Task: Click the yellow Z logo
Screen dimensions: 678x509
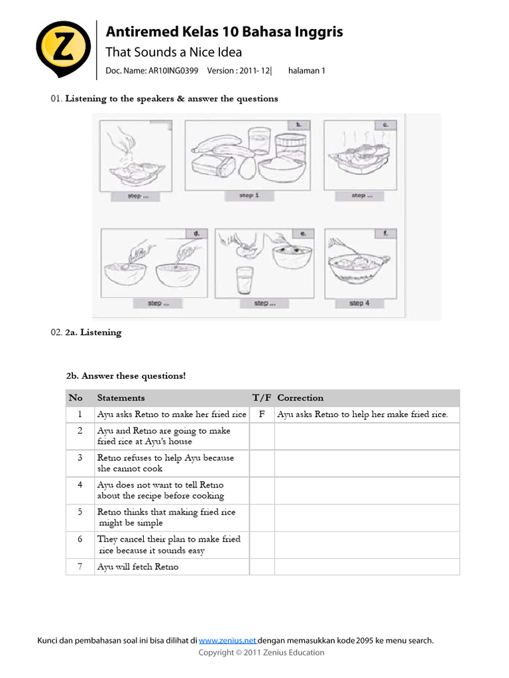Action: point(63,50)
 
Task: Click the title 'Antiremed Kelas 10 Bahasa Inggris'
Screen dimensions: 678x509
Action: point(225,32)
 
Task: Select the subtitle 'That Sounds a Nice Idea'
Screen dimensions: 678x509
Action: point(174,52)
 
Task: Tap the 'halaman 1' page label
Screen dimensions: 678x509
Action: point(306,71)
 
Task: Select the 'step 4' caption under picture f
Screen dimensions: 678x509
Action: point(359,303)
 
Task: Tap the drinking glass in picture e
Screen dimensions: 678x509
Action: point(247,281)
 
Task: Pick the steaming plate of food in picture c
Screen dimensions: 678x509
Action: point(357,156)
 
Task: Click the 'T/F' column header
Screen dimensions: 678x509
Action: point(262,398)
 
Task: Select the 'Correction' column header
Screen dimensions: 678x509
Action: point(300,398)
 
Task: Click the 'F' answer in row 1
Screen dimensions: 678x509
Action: point(262,414)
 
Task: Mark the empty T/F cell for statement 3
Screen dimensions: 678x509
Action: point(262,463)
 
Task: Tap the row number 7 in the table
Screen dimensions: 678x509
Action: point(80,567)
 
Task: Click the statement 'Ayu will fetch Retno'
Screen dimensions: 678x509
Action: point(138,567)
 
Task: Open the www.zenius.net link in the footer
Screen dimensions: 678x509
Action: point(227,640)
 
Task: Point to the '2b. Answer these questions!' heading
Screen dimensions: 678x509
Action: point(126,375)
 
